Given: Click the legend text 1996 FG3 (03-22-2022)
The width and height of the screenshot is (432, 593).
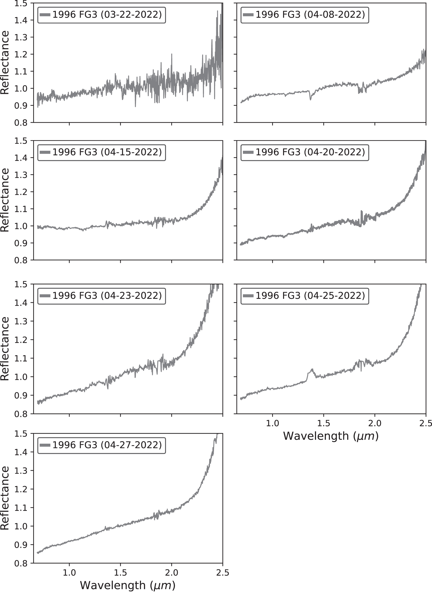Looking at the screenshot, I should coord(107,15).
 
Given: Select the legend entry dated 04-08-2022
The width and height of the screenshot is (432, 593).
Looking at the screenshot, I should coord(310,15).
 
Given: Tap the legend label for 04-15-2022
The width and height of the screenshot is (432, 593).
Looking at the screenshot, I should coord(107,152).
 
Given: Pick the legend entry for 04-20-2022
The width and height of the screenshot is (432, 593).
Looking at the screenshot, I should coord(310,152).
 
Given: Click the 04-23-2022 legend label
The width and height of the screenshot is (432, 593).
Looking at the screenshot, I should coord(107,296).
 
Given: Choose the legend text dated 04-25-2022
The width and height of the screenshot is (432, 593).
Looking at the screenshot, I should coord(310,296).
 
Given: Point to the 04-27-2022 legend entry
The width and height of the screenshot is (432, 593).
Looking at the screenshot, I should coord(107,445).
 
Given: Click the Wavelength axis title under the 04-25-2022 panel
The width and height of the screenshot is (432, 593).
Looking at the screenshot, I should coord(331,436).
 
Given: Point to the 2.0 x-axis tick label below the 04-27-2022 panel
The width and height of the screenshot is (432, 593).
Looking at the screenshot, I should coord(171,573).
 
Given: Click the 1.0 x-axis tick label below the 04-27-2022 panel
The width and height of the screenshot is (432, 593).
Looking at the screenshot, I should coord(69,573).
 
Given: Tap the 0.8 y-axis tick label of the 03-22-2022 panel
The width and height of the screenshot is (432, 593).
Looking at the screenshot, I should coord(21,122).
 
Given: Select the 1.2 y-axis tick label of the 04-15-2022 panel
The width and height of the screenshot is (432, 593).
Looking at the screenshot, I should coord(21,192).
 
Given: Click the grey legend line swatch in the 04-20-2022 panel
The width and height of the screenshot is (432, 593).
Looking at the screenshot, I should coord(248,153).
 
